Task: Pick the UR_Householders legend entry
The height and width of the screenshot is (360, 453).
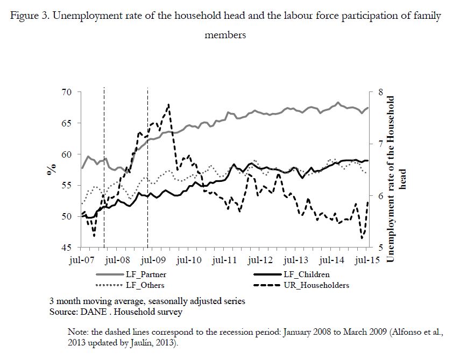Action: [x=317, y=285]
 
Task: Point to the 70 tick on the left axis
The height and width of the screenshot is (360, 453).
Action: [x=66, y=93]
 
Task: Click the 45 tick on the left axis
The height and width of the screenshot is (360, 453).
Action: [x=66, y=248]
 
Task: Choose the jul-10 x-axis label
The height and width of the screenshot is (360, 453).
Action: [x=189, y=260]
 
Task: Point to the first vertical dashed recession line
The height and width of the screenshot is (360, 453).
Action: [x=104, y=172]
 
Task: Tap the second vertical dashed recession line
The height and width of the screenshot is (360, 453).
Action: [x=148, y=172]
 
